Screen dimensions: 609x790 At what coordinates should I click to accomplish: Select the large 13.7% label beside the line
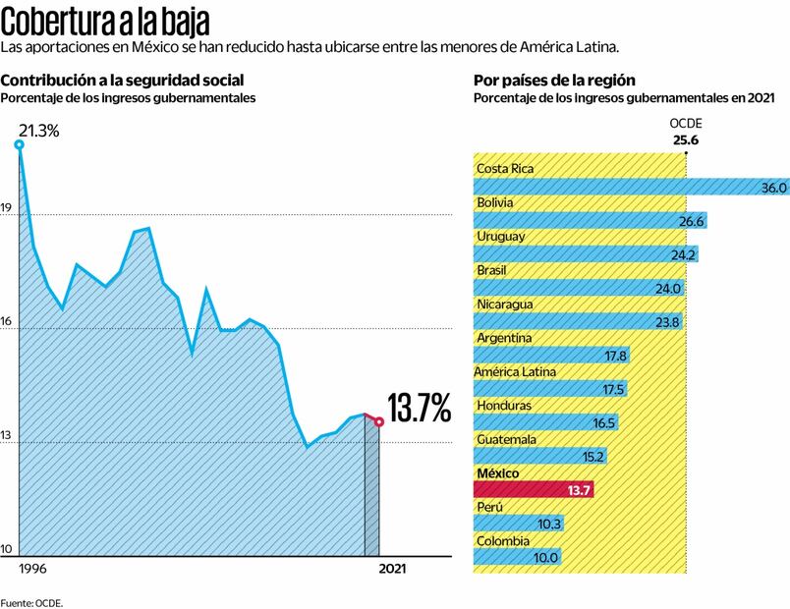pos(419,407)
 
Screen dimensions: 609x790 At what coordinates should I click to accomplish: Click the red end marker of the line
pos(379,421)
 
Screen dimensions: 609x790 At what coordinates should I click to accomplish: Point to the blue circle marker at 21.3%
pos(19,145)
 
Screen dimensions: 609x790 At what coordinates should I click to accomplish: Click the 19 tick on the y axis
pos(6,208)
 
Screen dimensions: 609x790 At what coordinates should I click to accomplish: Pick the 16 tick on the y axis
pos(6,322)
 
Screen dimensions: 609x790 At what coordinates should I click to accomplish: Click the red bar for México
pos(534,489)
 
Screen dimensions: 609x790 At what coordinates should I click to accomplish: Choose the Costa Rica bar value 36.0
pos(775,188)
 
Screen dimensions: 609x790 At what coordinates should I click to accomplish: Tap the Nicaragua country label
pos(504,304)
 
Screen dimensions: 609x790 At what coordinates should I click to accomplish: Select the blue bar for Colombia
pos(518,557)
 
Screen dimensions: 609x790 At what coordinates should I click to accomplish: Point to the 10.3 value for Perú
pos(549,524)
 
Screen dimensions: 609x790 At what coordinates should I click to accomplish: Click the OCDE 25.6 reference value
pos(686,140)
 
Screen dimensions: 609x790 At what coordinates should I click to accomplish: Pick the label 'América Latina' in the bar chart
pos(515,372)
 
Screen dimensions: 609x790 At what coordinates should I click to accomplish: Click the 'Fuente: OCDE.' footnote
pos(31,602)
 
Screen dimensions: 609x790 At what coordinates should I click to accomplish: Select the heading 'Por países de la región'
pos(554,81)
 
